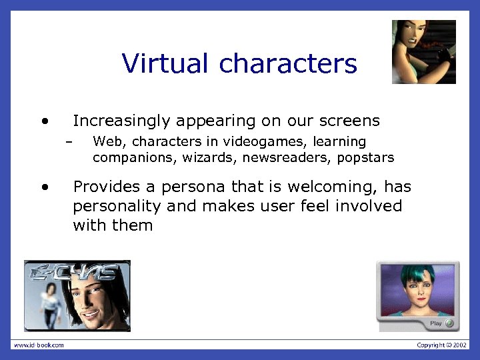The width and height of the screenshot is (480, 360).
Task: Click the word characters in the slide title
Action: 288,64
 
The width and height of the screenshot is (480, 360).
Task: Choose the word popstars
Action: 365,158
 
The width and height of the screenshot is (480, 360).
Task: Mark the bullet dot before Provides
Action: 44,188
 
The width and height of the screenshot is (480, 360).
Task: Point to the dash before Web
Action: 67,142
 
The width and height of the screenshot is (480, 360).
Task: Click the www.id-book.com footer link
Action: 40,345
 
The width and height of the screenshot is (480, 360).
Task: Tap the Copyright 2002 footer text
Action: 441,345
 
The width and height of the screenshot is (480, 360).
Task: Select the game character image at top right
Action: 423,51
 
